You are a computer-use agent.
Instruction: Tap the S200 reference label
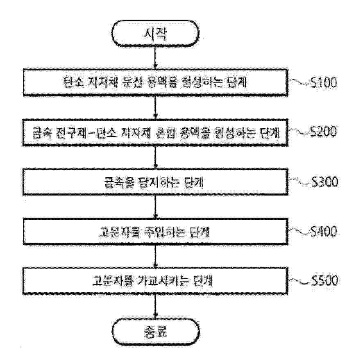tap(324, 132)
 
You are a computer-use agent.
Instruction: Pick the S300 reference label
tap(324, 181)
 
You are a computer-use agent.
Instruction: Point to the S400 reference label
tap(324, 232)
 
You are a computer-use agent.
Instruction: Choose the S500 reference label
tap(324, 281)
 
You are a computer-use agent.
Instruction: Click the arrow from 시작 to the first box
tap(155, 57)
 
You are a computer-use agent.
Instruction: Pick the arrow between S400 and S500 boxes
tap(155, 256)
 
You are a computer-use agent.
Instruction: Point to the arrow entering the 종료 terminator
tap(155, 305)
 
